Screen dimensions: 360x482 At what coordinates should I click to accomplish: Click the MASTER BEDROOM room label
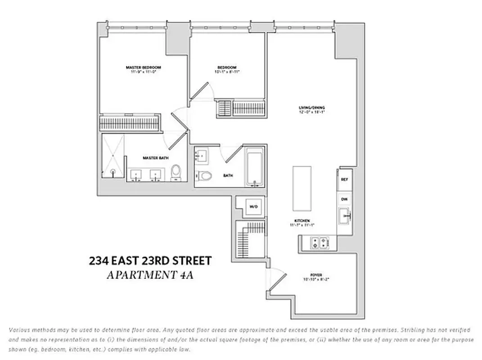pyautogui.click(x=143, y=67)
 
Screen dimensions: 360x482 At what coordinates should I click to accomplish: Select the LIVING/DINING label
pyautogui.click(x=311, y=108)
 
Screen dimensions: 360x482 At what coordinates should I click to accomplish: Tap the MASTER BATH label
pyautogui.click(x=152, y=158)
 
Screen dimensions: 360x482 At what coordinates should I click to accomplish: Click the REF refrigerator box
pyautogui.click(x=345, y=180)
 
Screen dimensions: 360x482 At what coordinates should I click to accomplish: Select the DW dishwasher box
pyautogui.click(x=345, y=199)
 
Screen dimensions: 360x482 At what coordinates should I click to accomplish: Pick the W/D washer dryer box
pyautogui.click(x=253, y=207)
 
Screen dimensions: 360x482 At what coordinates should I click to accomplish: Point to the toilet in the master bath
pyautogui.click(x=176, y=172)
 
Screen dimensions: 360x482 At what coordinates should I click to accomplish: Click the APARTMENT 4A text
pyautogui.click(x=150, y=275)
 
